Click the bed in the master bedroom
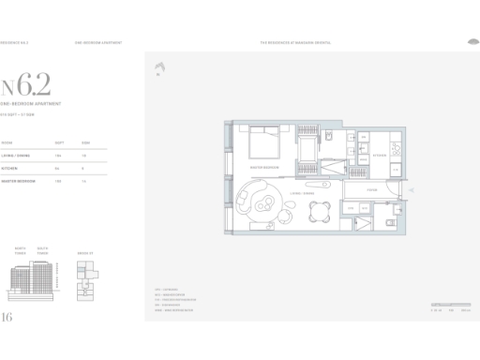click(260, 143)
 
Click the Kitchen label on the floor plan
click(381, 155)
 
